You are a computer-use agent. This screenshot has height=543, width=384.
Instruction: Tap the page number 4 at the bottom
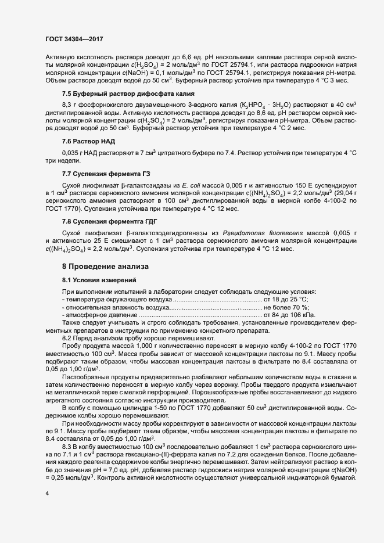[x=47, y=494]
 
